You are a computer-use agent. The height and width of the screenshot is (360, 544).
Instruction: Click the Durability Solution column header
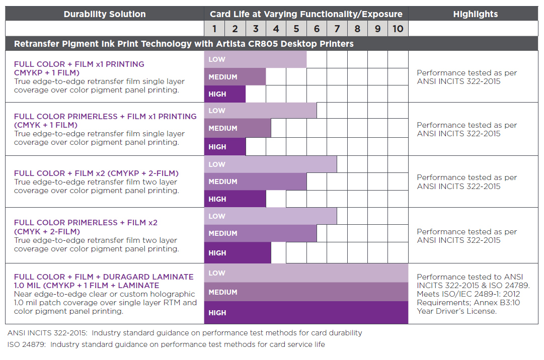click(105, 14)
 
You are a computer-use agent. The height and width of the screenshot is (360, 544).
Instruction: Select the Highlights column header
click(475, 14)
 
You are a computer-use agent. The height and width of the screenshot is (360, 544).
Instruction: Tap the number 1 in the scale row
click(214, 29)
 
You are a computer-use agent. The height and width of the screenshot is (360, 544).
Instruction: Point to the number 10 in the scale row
click(398, 29)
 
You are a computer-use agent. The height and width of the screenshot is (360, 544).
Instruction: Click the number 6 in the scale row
click(317, 29)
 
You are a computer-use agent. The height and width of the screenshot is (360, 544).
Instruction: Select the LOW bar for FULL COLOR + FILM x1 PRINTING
click(255, 59)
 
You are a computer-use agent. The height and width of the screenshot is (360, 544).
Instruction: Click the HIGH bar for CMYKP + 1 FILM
click(225, 94)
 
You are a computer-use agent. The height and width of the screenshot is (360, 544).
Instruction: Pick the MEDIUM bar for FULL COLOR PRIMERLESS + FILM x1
click(238, 128)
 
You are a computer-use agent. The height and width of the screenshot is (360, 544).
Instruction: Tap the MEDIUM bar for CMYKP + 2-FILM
click(255, 182)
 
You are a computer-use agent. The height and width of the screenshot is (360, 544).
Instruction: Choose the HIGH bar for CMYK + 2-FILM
click(238, 253)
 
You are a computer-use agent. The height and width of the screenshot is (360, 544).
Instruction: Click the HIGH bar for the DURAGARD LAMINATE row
click(306, 313)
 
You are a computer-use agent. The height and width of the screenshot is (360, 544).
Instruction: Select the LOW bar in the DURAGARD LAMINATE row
click(306, 273)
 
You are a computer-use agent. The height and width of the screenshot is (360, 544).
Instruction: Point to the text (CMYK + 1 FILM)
click(46, 125)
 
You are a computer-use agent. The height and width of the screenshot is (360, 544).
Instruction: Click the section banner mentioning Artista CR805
click(184, 44)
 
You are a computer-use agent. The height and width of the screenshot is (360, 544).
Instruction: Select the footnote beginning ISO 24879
click(166, 344)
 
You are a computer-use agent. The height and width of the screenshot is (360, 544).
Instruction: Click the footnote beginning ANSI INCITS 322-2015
click(185, 333)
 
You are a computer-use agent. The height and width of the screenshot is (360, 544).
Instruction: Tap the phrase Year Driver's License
click(456, 311)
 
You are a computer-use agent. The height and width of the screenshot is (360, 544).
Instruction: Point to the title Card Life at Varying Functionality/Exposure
click(306, 14)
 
